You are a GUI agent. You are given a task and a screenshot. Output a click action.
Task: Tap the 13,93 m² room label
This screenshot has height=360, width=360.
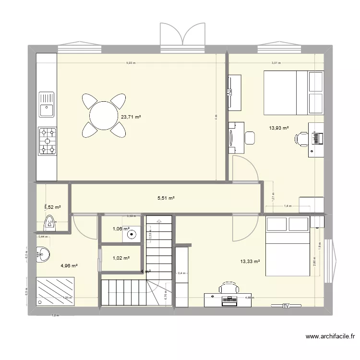279,128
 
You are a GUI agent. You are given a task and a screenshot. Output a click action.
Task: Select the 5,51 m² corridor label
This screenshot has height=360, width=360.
166,198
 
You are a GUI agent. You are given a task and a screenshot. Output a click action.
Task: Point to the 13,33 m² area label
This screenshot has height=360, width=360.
250,262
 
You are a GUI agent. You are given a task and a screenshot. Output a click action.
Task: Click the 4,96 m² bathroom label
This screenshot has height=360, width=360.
69,265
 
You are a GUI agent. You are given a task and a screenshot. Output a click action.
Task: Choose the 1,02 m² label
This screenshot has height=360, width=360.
120,258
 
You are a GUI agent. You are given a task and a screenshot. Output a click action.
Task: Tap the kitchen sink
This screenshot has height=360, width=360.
47,110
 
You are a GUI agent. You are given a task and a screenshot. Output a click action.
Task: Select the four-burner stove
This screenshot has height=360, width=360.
48,141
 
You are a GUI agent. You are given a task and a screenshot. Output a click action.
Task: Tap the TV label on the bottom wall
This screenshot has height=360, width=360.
286,305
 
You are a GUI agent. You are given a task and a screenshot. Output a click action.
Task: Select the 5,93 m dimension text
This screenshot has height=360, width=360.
131,63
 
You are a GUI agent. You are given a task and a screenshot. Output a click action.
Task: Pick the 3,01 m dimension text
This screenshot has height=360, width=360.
276,63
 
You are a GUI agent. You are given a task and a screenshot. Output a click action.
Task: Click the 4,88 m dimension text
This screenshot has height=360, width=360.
250,297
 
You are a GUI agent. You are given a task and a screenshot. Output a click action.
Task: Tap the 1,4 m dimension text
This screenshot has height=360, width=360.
288,206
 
